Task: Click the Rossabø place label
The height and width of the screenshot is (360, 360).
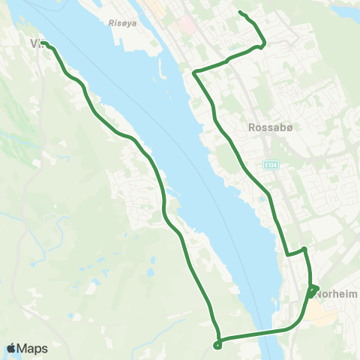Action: (x=264, y=127)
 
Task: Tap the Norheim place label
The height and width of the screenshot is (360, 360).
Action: (x=335, y=295)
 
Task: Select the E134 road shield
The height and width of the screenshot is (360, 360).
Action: (x=270, y=163)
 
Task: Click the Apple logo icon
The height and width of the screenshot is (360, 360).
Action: (x=12, y=348)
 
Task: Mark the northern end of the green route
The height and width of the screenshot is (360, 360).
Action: (x=239, y=12)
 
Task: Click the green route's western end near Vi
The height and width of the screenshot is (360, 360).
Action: (x=43, y=43)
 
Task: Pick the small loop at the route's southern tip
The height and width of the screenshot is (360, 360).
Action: (x=217, y=345)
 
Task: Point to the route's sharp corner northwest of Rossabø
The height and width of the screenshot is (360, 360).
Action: (x=195, y=73)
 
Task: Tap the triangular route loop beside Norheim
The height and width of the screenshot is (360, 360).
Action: (x=313, y=290)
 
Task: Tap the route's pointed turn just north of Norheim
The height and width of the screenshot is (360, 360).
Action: (x=304, y=248)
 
